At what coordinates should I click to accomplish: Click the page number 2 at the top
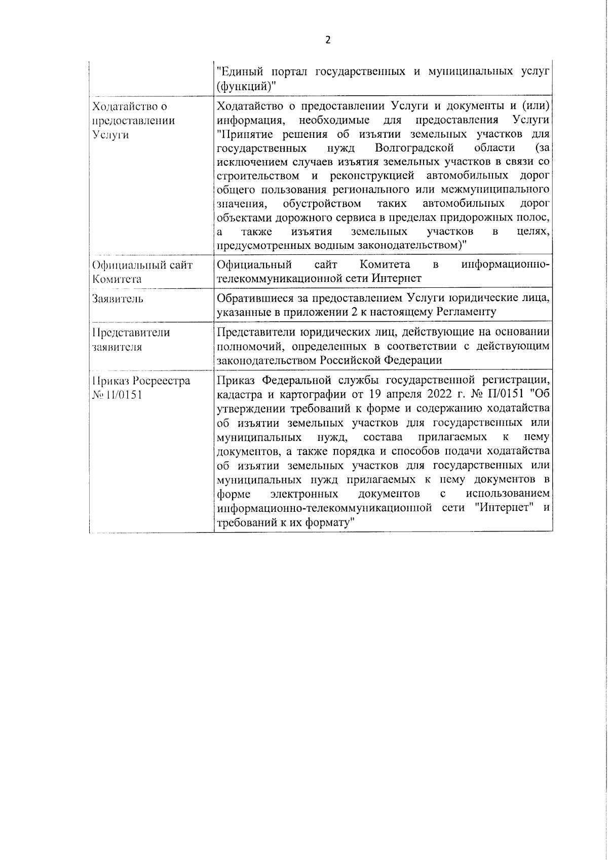(x=328, y=41)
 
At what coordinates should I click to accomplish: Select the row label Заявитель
(x=118, y=298)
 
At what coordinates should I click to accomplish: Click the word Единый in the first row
(x=243, y=72)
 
